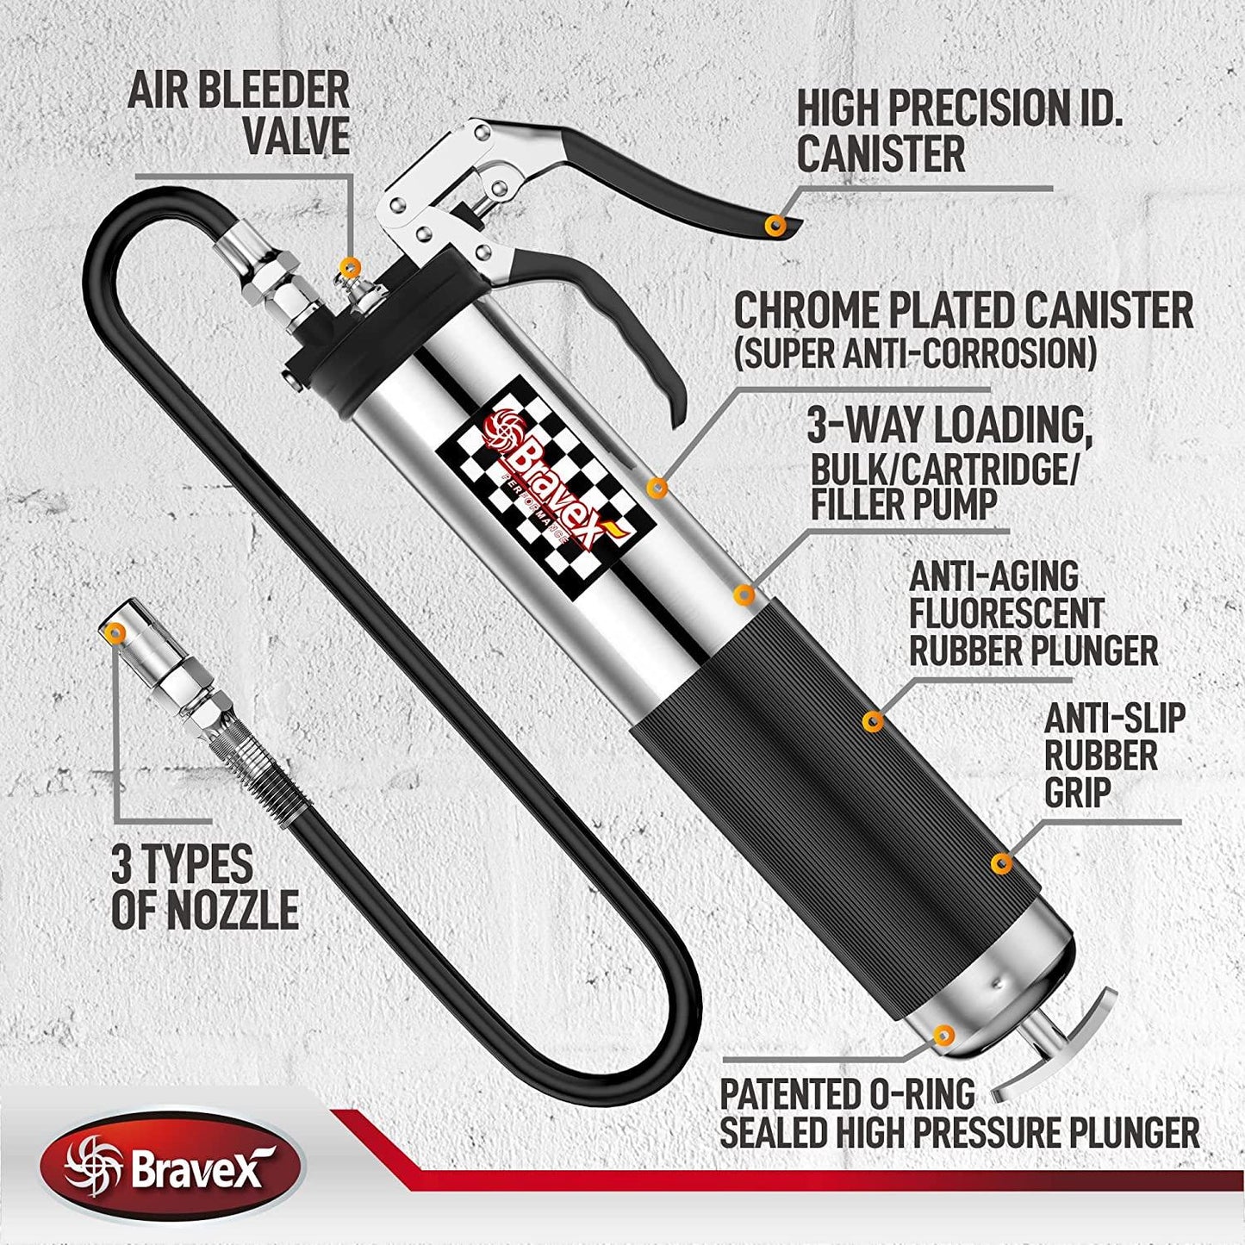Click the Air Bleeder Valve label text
click(x=239, y=113)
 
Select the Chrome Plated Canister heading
click(x=962, y=311)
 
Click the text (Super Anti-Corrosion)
click(x=915, y=353)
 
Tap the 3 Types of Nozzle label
click(x=204, y=887)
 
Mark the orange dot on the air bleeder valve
click(x=348, y=265)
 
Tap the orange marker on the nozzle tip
click(x=113, y=633)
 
